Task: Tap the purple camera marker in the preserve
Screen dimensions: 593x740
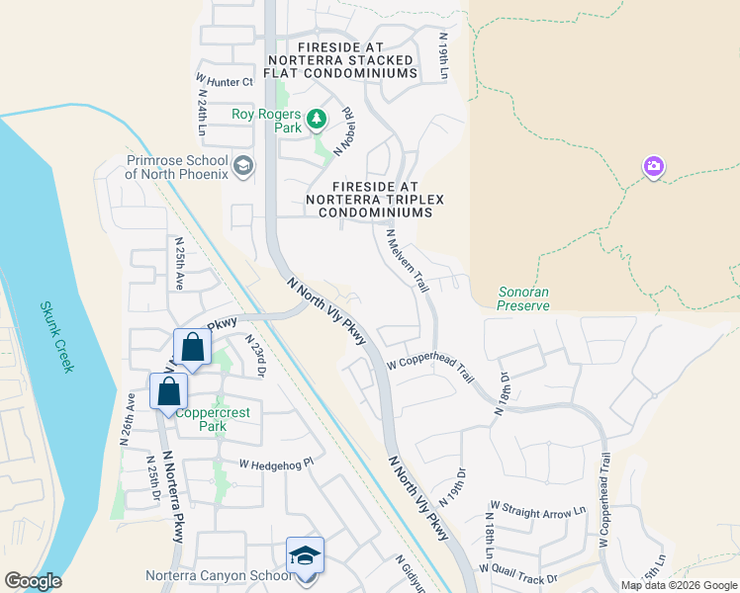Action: point(653,166)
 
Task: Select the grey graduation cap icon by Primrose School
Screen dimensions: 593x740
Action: point(243,164)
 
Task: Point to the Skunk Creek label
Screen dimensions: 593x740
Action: point(56,337)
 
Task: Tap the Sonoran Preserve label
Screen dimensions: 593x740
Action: point(523,299)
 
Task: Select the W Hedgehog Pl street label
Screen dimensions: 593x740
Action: point(275,463)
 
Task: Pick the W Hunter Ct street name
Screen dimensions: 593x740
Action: point(225,81)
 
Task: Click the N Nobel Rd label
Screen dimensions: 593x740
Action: point(345,132)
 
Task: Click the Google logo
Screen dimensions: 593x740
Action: point(32,581)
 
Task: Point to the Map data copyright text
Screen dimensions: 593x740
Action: point(678,585)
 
